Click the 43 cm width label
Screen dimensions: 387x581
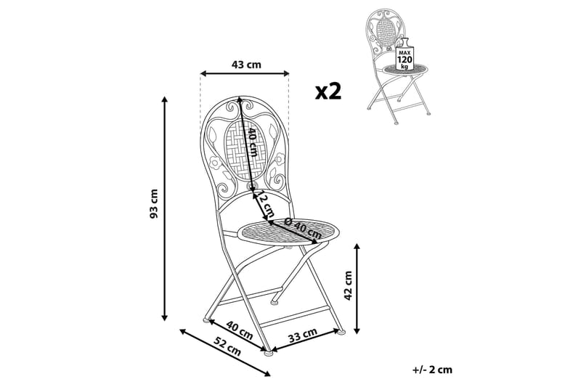245,64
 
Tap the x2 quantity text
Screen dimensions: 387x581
328,91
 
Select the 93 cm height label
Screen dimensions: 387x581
153,206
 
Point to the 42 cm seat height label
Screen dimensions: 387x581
347,285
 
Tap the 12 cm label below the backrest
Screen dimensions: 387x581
266,206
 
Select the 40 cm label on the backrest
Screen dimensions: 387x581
252,142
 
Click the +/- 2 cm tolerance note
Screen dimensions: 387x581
431,369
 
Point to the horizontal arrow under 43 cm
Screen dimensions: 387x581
245,73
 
